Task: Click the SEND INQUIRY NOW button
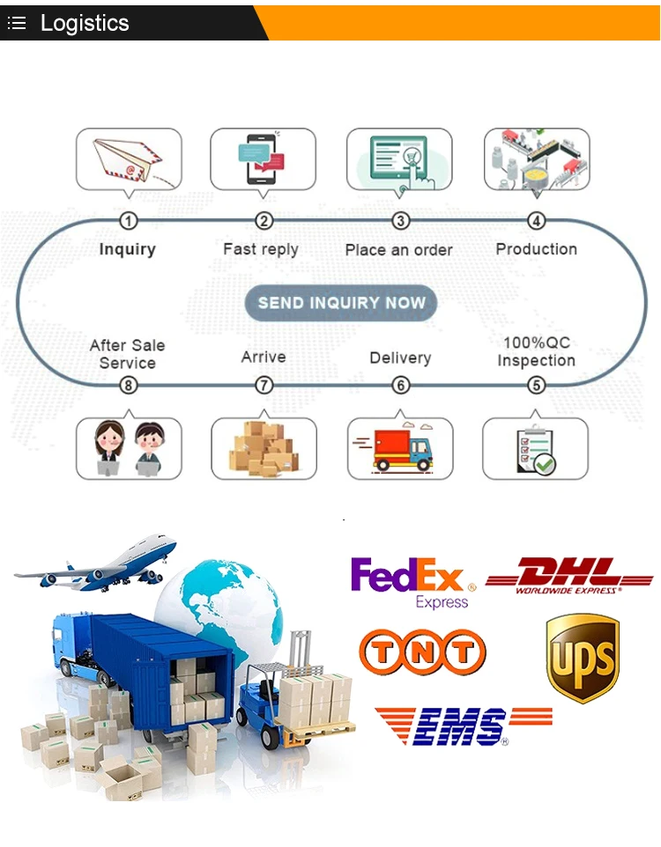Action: coord(340,303)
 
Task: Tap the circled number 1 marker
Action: coord(129,221)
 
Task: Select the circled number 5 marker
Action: coord(536,385)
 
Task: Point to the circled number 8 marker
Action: coord(129,385)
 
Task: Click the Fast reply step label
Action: coord(261,249)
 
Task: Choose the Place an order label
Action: coord(399,250)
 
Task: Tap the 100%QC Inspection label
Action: coord(536,351)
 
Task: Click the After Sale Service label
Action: coord(128,354)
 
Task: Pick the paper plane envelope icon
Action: coord(129,160)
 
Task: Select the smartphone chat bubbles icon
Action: coord(263,158)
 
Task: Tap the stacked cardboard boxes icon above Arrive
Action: coord(264,448)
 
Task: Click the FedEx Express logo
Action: coord(413,582)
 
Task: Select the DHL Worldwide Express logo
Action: coord(569,576)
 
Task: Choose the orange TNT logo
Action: coord(422,652)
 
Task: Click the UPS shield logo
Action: coord(583,658)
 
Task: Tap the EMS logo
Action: coord(463,726)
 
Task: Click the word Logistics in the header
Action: coord(85,23)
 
